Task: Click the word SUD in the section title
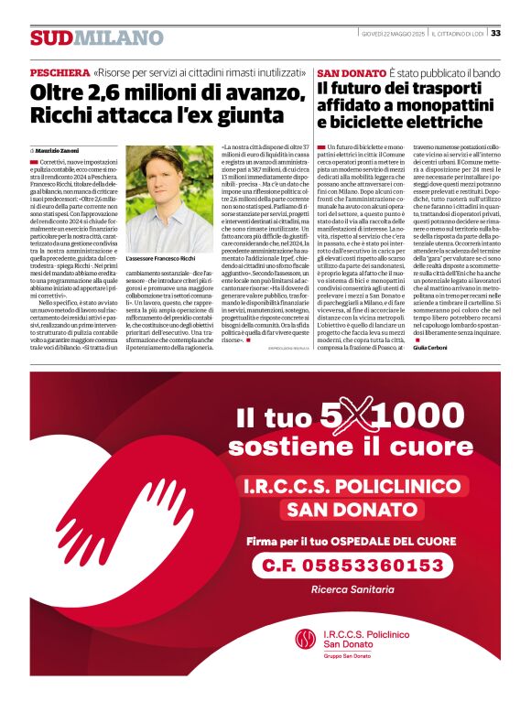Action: pos(50,38)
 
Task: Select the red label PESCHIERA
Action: pos(60,71)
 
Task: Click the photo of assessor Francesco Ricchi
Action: pos(168,200)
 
